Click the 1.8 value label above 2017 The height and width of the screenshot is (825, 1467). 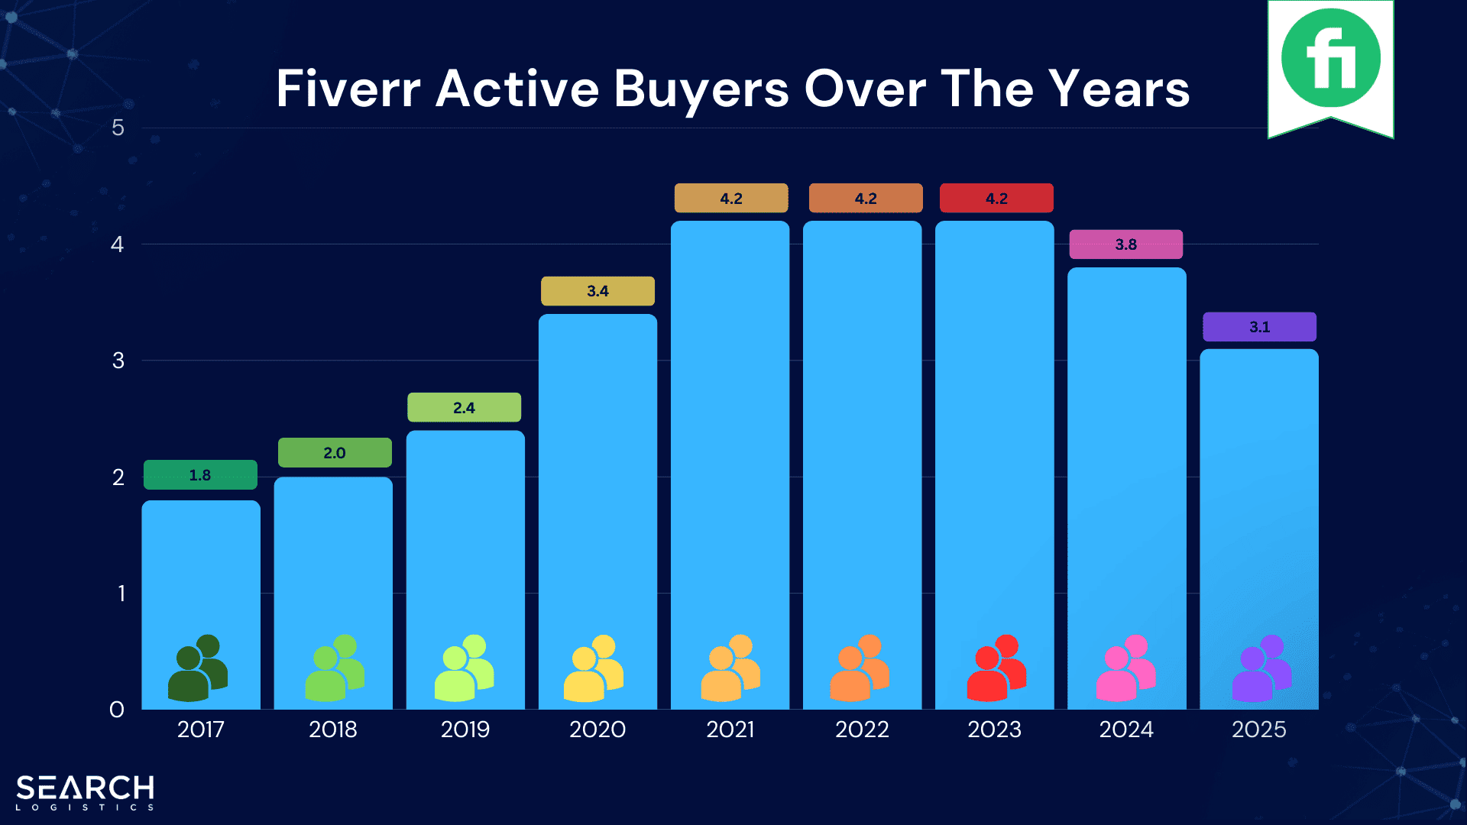200,474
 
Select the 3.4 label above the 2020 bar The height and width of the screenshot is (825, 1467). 597,291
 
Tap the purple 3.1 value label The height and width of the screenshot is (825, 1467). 1259,327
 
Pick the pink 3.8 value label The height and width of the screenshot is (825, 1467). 1125,244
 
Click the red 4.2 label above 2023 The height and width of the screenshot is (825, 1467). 996,199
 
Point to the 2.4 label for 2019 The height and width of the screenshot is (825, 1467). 464,407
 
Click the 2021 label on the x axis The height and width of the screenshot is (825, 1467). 730,730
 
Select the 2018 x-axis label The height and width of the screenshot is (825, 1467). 333,730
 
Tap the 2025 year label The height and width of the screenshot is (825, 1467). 1258,730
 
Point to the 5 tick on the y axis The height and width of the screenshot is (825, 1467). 118,128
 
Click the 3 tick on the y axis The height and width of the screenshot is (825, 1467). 118,361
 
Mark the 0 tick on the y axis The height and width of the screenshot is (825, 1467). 117,710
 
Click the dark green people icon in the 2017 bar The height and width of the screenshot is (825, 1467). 198,668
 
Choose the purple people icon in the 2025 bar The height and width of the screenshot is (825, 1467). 1261,668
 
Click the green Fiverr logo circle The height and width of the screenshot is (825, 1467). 1330,58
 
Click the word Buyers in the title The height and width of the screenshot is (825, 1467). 701,89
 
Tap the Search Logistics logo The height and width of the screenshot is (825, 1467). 85,792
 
